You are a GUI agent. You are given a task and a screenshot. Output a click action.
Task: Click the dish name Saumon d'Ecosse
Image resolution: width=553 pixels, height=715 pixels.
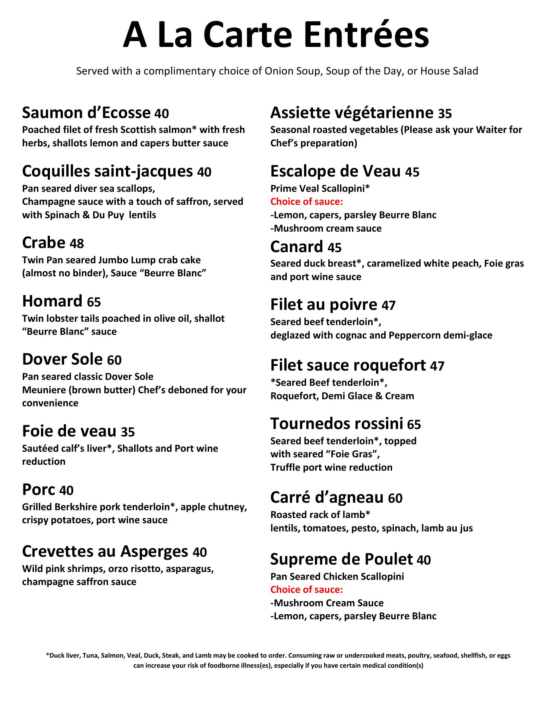(86, 112)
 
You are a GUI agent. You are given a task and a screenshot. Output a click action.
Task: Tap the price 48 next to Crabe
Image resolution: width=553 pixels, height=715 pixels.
(77, 244)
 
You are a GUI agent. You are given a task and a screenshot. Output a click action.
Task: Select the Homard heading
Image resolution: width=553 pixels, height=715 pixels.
(52, 301)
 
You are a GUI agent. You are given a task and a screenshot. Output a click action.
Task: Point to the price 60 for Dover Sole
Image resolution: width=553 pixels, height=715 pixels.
(114, 360)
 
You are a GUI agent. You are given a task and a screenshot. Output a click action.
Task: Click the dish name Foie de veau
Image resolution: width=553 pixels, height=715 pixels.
(69, 432)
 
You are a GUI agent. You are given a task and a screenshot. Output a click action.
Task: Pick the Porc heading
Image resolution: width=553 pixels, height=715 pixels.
(39, 490)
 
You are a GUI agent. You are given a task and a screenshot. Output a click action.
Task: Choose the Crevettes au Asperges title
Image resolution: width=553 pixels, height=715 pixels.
(105, 552)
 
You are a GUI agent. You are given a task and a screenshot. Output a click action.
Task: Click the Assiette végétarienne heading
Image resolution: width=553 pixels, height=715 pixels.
(352, 112)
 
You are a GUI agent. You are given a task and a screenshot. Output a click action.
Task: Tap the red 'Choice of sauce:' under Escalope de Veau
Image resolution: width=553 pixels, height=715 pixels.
(306, 202)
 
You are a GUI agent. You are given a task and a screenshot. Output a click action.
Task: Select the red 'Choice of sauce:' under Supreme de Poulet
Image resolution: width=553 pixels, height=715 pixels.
(306, 590)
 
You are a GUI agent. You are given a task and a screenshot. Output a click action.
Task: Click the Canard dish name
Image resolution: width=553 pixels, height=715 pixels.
(297, 247)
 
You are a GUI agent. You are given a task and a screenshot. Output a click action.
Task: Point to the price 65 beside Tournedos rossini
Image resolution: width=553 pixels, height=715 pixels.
(414, 425)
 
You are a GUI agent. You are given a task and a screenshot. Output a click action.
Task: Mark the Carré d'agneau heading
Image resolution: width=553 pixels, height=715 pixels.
(327, 498)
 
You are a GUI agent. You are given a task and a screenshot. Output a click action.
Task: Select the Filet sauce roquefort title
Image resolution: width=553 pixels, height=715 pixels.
(348, 365)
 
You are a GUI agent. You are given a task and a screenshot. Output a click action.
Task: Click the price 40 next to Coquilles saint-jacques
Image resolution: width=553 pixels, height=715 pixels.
(204, 172)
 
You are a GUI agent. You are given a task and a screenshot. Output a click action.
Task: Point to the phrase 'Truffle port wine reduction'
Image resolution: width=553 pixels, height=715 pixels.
(331, 467)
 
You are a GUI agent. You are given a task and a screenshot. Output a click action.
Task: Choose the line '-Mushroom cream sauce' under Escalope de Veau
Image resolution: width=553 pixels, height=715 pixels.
(326, 228)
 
